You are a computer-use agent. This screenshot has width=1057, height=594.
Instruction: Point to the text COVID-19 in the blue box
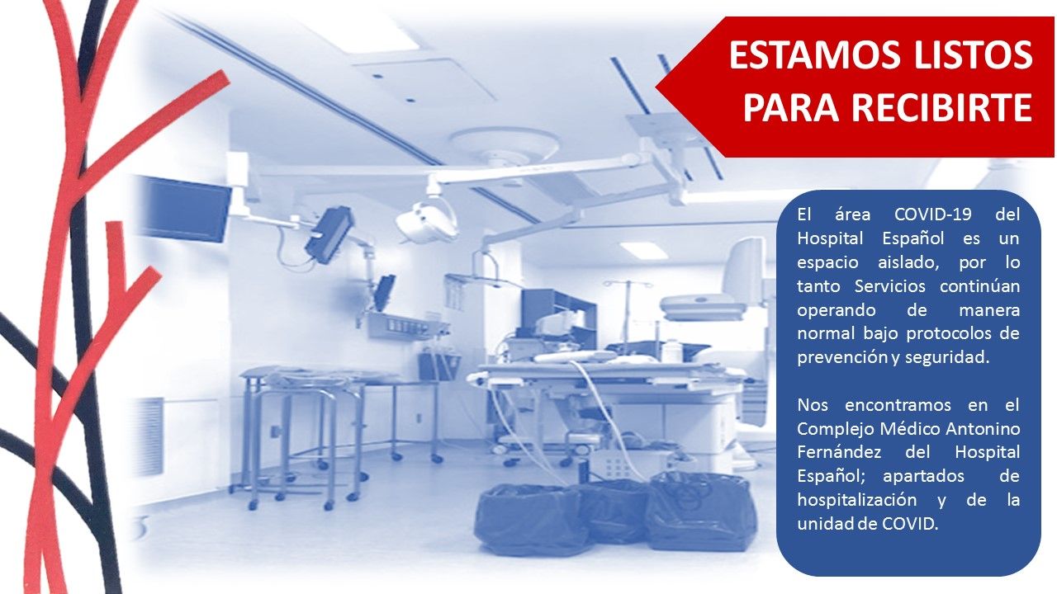tap(933, 215)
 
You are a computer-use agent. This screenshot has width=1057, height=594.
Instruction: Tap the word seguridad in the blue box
tap(949, 358)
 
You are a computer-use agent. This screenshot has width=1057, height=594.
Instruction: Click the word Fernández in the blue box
tap(839, 453)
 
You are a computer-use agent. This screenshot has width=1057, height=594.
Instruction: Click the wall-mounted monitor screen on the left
tap(186, 209)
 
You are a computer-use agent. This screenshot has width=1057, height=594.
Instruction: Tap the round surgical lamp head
tap(427, 220)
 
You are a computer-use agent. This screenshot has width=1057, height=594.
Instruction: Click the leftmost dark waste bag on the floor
tap(530, 520)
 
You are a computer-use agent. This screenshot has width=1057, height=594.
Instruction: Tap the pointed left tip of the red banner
tap(656, 87)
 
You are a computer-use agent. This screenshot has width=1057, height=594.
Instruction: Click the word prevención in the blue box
tap(837, 358)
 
